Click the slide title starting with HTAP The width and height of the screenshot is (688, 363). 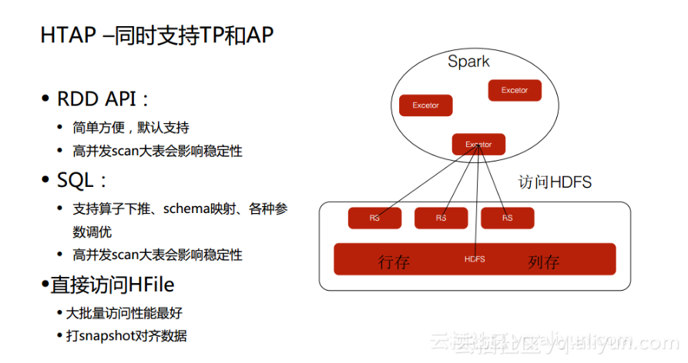[157, 36]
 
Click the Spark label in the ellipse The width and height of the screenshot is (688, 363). [468, 62]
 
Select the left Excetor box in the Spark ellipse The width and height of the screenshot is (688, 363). [425, 105]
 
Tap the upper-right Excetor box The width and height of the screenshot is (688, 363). [515, 90]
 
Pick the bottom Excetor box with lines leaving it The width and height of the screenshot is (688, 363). [478, 145]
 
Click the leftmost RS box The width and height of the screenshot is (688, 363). [374, 218]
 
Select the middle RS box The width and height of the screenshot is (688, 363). [441, 218]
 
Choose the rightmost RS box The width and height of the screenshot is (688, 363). [507, 218]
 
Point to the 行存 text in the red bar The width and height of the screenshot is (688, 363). [394, 261]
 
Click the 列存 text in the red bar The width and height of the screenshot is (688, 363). [543, 261]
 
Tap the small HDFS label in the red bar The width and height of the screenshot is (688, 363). [475, 259]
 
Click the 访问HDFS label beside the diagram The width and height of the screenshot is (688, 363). [555, 182]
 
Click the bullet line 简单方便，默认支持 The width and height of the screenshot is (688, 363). [131, 128]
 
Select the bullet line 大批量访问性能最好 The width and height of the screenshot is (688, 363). [124, 313]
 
